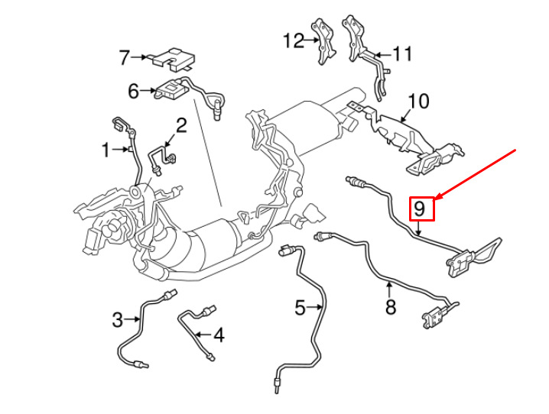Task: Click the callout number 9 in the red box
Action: (x=419, y=209)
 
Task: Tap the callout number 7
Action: (x=125, y=58)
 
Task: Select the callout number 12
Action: (x=294, y=40)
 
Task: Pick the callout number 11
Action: (x=402, y=53)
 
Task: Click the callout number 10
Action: (x=418, y=101)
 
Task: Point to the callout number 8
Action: (x=391, y=307)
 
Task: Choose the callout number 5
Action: (x=300, y=308)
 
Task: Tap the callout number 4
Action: (x=219, y=335)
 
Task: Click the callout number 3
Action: (x=118, y=319)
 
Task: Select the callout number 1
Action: (x=106, y=150)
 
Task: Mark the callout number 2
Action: (x=181, y=126)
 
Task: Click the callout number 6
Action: (x=133, y=91)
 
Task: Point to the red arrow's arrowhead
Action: (x=437, y=199)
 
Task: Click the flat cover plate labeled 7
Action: (x=174, y=58)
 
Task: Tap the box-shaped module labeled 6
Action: (x=171, y=90)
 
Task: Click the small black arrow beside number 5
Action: (x=314, y=307)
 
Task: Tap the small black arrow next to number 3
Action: (x=132, y=319)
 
